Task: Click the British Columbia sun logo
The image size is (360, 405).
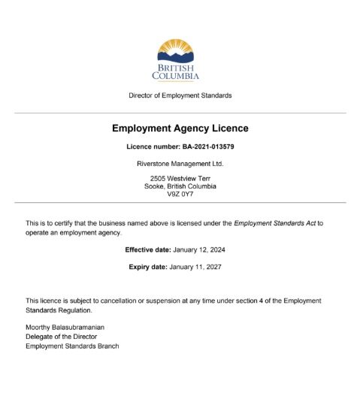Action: [x=176, y=51]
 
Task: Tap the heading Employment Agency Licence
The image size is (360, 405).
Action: [x=180, y=128]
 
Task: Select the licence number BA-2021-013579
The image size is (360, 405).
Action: [x=203, y=147]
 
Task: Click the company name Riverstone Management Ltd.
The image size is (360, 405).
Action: [x=180, y=163]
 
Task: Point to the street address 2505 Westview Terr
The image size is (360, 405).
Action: [x=180, y=178]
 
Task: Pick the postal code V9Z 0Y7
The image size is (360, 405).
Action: [x=180, y=194]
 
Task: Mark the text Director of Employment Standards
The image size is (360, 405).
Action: [x=180, y=95]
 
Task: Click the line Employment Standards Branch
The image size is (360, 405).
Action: [x=72, y=346]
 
